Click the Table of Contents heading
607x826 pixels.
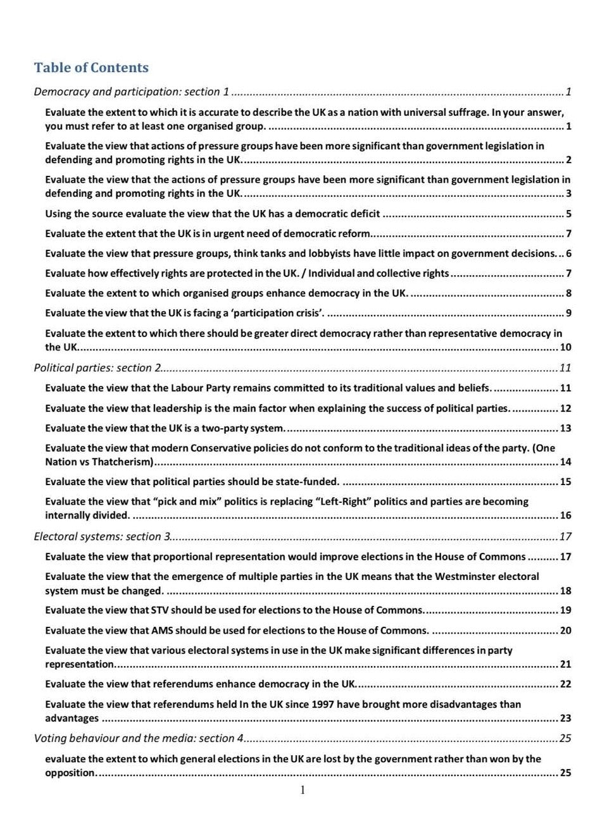tap(91, 68)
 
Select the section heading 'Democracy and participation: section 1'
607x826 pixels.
tap(132, 92)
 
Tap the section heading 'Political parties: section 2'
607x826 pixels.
tap(98, 368)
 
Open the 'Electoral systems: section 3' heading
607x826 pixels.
tap(102, 536)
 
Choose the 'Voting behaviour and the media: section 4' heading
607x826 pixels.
tap(139, 738)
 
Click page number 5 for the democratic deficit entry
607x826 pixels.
tap(568, 214)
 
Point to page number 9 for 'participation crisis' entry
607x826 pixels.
tap(568, 313)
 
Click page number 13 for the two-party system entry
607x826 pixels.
tap(565, 428)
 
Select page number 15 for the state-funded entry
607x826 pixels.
tap(565, 482)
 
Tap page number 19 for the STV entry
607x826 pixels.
tap(565, 610)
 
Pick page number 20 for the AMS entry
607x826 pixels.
tap(565, 631)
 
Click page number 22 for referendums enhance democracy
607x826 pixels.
tap(565, 684)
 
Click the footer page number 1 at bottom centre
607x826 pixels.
tap(303, 790)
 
